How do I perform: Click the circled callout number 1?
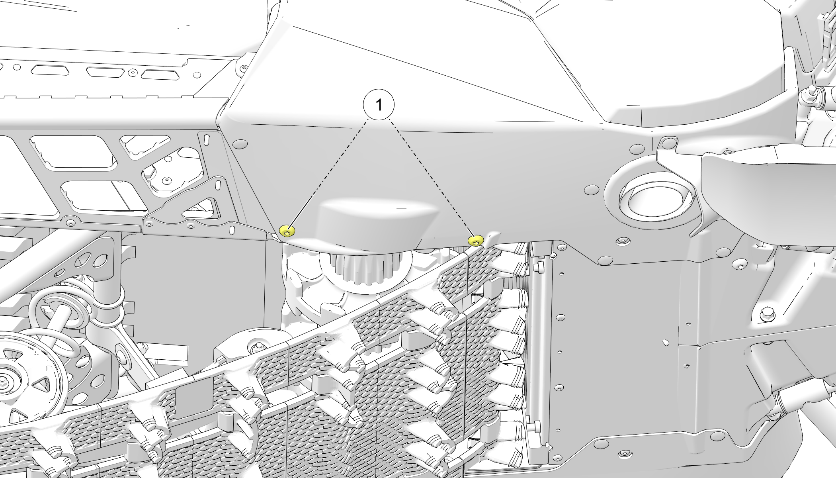point(379,105)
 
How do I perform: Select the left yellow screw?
point(287,231)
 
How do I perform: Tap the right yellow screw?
point(476,241)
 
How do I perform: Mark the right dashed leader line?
point(432,177)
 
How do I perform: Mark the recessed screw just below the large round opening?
point(621,241)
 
